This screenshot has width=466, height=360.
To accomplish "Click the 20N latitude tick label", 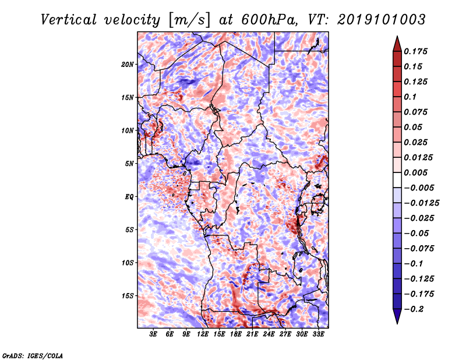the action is pos(128,65).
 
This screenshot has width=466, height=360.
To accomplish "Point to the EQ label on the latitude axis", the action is pos(129,197).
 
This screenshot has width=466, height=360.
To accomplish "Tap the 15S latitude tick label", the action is pos(128,296).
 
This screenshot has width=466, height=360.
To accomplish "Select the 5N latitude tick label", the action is pos(129,164).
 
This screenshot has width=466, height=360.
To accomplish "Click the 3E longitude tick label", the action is pos(153,334).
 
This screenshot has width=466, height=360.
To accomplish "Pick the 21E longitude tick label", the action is pos(252,334).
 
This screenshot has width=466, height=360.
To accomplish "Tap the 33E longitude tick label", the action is pos(318,334).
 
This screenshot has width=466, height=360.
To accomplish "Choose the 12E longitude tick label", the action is pos(202,334).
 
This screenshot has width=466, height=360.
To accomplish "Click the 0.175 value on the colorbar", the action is pos(415,51).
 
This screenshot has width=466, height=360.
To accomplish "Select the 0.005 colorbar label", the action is pos(415,172).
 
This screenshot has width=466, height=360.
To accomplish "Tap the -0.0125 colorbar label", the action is pos(421,203).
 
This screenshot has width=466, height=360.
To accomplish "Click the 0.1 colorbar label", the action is pos(410,97).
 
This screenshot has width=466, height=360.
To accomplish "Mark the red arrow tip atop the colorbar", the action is pos(397,36).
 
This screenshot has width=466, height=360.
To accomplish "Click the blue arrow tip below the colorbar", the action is pos(397,324).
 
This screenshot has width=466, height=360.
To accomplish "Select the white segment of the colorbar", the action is pos(397,180).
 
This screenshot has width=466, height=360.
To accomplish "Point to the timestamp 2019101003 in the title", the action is pos(382,20).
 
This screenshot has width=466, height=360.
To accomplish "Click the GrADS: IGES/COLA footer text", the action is pos(33,355).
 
